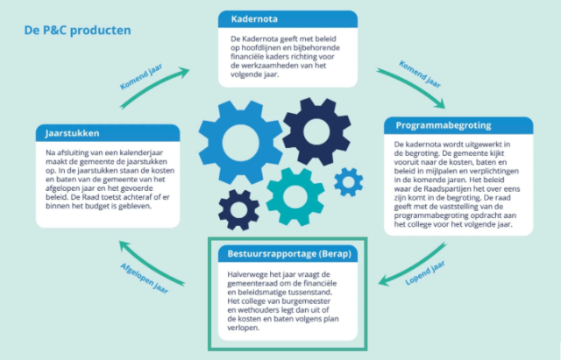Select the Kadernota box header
pyautogui.click(x=288, y=19)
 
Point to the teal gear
pyautogui.click(x=295, y=195)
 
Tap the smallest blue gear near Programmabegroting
pyautogui.click(x=349, y=181)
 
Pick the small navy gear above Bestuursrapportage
pyautogui.click(x=238, y=208)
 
